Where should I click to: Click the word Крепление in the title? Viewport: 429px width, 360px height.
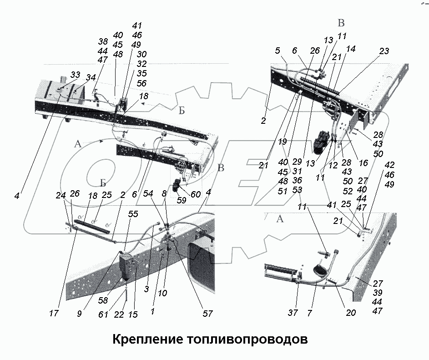coord(145,340)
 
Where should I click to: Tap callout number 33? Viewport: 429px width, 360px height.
coord(75,75)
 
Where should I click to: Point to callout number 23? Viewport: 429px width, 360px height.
coord(384,51)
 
